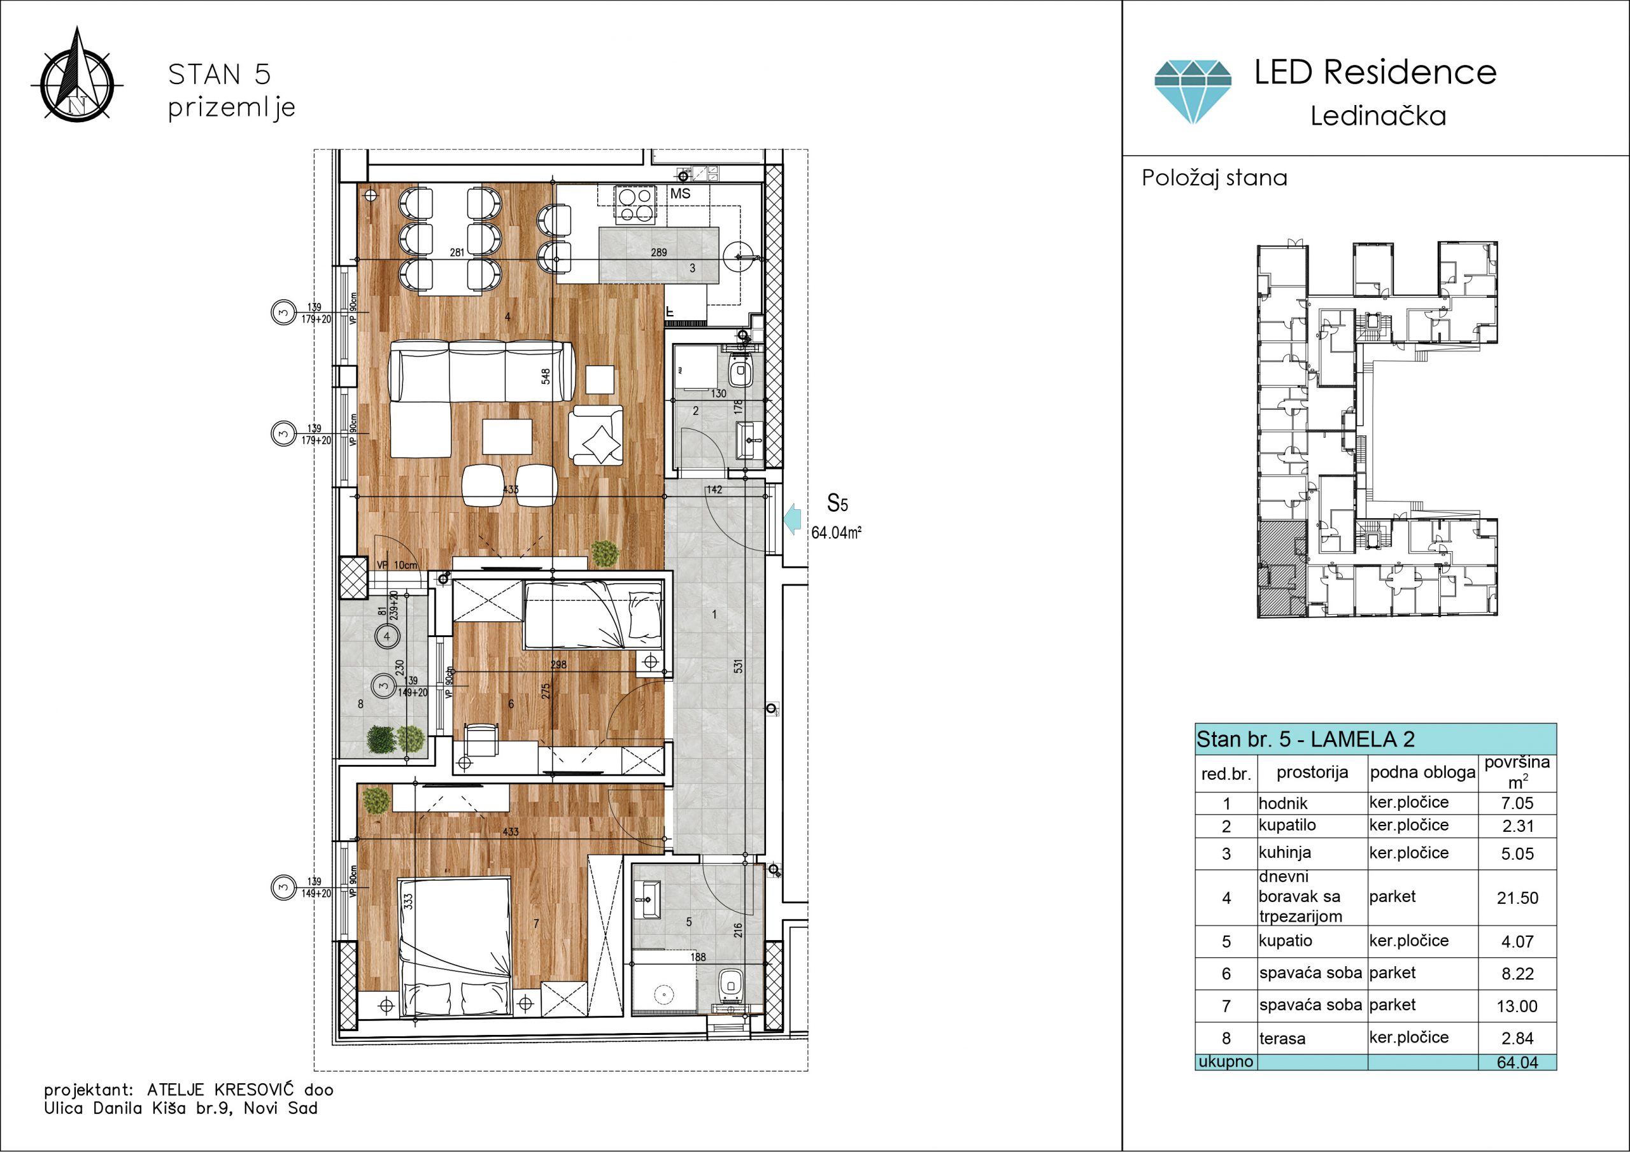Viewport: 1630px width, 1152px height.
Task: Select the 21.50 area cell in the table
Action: (1517, 898)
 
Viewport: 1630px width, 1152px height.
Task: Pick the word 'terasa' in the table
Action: (1282, 1039)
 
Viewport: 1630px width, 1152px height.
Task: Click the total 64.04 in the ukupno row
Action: (1517, 1062)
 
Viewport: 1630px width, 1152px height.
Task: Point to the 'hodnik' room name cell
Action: (1283, 803)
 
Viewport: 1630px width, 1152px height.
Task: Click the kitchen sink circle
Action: (741, 256)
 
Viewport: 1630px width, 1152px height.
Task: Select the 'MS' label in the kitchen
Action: (680, 193)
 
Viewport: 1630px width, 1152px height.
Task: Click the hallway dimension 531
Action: (739, 666)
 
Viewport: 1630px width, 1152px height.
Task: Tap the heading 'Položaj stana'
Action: (1214, 178)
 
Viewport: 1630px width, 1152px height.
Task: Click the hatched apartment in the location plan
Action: (1282, 568)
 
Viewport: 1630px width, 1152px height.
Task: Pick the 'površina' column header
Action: (1517, 762)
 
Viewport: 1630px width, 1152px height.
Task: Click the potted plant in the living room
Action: (605, 554)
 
